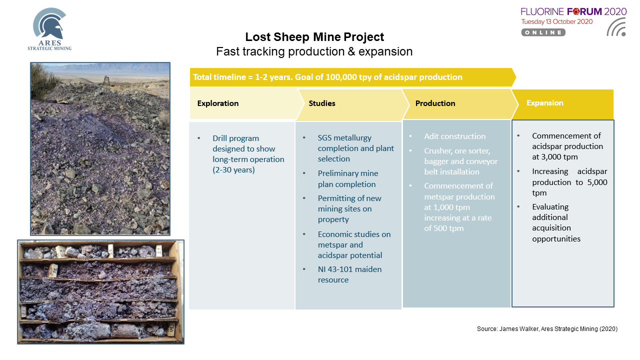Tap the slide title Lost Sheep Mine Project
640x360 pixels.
click(x=314, y=37)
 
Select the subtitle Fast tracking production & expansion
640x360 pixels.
click(x=314, y=51)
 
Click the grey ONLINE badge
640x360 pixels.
click(x=543, y=32)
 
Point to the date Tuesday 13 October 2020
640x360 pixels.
click(x=557, y=21)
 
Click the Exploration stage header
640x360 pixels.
click(x=217, y=103)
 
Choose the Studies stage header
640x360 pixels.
click(x=321, y=103)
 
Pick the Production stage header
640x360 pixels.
click(x=435, y=103)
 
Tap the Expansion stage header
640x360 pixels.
click(x=545, y=103)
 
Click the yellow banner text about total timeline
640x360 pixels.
click(x=327, y=77)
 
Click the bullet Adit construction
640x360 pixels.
click(x=454, y=136)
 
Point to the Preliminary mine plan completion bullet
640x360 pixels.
click(x=348, y=179)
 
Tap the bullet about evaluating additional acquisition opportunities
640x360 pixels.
click(x=556, y=222)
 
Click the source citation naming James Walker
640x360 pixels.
click(x=547, y=329)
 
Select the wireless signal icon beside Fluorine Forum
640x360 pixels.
click(x=616, y=27)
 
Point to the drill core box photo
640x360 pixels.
click(x=100, y=291)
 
